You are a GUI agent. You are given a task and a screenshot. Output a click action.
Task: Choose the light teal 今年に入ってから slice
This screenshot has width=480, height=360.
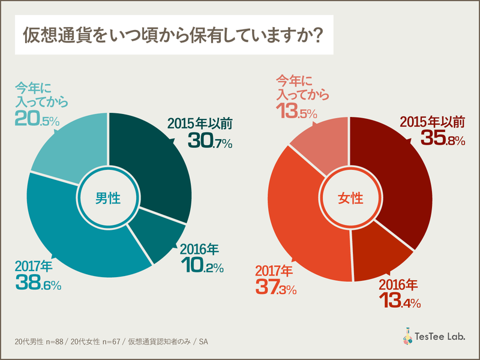[x=72, y=150]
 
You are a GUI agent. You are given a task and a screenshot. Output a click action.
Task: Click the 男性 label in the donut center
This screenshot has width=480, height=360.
[x=108, y=198]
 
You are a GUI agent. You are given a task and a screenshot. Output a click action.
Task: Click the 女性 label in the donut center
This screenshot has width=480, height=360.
[x=350, y=199]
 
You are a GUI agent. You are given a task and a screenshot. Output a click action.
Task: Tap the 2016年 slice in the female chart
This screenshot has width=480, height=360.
[x=384, y=252]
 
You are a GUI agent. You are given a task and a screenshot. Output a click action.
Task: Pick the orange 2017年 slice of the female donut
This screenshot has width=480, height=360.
[x=300, y=222]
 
